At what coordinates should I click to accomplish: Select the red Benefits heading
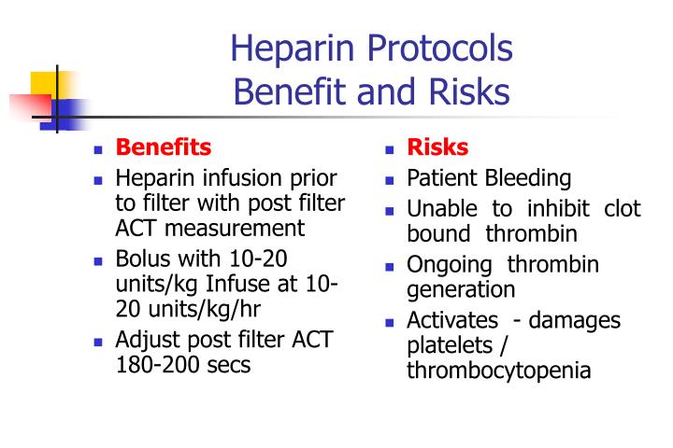(x=163, y=147)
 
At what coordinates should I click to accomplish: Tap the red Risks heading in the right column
(x=437, y=147)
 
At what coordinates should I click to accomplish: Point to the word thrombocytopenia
(x=498, y=371)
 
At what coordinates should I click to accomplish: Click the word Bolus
(x=141, y=259)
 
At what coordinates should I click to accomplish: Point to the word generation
(x=461, y=289)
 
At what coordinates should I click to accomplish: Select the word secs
(x=230, y=365)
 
